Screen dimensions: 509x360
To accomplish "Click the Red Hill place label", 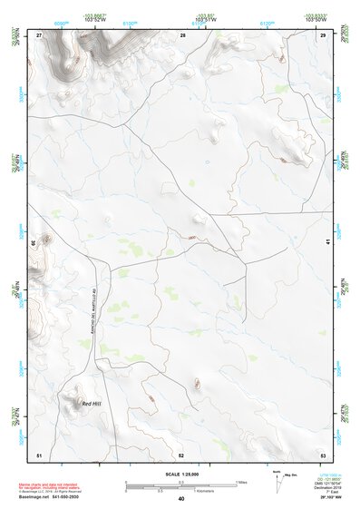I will click(92, 403).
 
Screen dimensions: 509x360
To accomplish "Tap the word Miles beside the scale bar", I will click(240, 482).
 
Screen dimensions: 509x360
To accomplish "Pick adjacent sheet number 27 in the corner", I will click(39, 34).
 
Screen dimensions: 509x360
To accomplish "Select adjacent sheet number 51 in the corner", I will click(39, 454).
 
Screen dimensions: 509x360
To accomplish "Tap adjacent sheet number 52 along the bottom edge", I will click(181, 454).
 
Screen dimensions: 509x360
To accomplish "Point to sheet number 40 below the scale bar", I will click(181, 499).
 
